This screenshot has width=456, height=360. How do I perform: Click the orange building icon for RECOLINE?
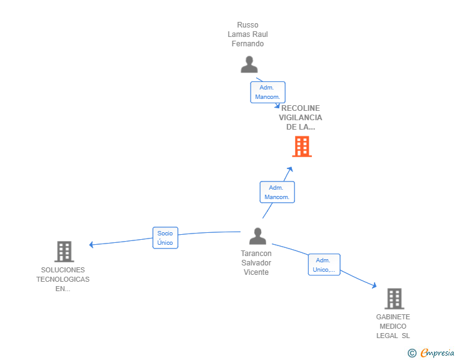tap(302, 147)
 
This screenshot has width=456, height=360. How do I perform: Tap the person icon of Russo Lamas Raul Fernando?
tap(249, 64)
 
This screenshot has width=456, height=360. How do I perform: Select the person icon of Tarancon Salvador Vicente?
tap(257, 236)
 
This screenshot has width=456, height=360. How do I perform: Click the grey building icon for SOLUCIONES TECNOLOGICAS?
tap(65, 252)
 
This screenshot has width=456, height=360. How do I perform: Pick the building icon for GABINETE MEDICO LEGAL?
tap(395, 299)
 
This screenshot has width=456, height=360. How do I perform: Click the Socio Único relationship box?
tap(165, 238)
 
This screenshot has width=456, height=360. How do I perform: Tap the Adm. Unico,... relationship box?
tap(324, 265)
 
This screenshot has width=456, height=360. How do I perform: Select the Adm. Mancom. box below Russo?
tap(268, 92)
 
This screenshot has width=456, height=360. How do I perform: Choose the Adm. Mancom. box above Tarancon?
tap(277, 192)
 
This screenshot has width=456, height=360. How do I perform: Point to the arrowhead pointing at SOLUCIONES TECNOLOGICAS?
tap(91, 245)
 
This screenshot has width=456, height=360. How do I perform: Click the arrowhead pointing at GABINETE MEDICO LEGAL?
tap(374, 285)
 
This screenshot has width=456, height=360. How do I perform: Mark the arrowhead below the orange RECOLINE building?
tap(289, 170)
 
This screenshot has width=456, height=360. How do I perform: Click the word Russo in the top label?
tap(247, 25)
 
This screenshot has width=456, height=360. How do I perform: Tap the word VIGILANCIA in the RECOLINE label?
tap(301, 118)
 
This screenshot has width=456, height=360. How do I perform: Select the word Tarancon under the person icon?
tap(256, 254)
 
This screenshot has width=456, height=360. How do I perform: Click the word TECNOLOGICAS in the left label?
tap(63, 279)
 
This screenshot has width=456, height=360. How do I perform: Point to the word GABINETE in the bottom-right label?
tap(393, 317)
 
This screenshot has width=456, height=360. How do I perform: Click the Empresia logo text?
tap(437, 353)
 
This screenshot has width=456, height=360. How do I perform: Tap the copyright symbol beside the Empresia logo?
tap(412, 353)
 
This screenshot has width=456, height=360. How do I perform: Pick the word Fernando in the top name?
tap(248, 44)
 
